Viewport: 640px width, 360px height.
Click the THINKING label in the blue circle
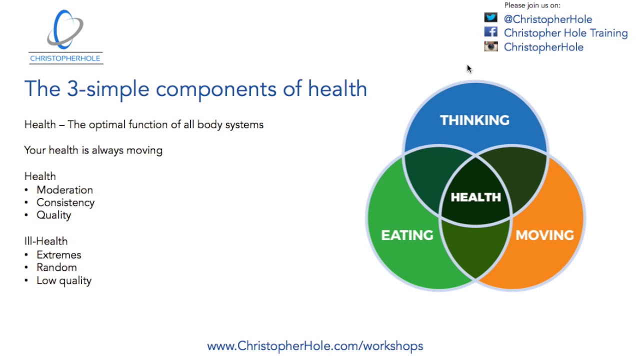(474, 120)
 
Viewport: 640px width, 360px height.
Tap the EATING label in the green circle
(407, 235)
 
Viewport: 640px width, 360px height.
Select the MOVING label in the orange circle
(544, 235)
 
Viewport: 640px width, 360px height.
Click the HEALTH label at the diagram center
(475, 197)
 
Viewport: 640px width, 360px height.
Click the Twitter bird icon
(491, 18)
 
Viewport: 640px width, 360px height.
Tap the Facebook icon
(491, 32)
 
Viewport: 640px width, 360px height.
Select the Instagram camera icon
(491, 46)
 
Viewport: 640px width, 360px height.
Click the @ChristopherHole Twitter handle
(548, 19)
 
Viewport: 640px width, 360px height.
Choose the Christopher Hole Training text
(565, 33)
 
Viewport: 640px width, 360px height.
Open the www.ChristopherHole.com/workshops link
(315, 346)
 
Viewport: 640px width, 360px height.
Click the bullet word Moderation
(64, 190)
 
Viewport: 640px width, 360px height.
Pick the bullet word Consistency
(65, 202)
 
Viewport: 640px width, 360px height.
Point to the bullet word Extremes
(58, 255)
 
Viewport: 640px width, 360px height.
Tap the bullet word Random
(56, 267)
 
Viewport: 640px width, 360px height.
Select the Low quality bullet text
(64, 280)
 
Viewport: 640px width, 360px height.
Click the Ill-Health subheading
(46, 241)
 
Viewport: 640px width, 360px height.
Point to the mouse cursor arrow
(469, 68)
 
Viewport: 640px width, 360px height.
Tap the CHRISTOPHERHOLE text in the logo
(65, 58)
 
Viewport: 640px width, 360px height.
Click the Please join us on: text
(532, 5)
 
